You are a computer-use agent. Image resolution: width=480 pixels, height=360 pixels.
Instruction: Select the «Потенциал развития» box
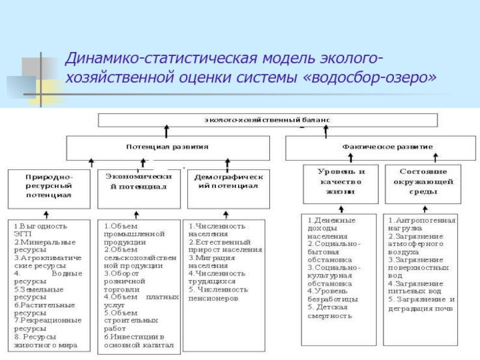click(x=167, y=146)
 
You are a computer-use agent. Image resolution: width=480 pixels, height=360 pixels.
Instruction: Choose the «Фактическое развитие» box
click(x=387, y=146)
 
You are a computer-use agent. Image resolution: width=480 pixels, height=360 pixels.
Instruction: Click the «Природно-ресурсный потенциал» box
click(x=49, y=187)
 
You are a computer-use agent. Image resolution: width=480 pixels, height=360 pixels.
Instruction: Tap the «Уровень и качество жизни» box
click(x=341, y=181)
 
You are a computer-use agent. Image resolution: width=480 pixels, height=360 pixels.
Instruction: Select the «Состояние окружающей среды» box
click(x=420, y=181)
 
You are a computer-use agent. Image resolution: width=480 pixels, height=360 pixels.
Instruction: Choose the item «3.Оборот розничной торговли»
click(x=125, y=281)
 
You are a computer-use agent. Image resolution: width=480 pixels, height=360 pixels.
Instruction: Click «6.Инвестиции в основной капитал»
click(x=138, y=341)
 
